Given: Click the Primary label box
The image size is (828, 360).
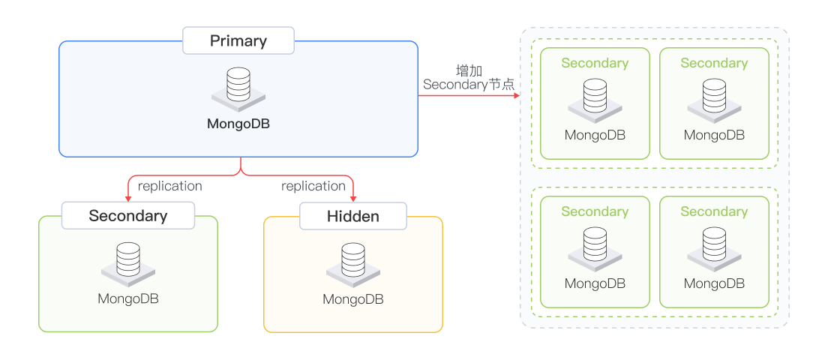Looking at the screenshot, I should click(x=238, y=40).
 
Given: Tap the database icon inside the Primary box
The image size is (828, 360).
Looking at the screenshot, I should click(x=238, y=87).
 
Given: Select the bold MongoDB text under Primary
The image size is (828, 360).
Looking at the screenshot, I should click(x=238, y=124).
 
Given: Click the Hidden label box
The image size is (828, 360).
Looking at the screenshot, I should click(x=353, y=217).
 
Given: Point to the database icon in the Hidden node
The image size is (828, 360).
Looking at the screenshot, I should click(x=353, y=262).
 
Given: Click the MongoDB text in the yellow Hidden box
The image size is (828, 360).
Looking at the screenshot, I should click(x=353, y=299).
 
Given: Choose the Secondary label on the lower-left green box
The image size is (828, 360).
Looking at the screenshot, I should click(x=128, y=216).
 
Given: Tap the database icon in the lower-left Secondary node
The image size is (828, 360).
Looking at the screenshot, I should click(x=128, y=262).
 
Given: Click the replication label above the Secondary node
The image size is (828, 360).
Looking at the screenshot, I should click(x=170, y=186).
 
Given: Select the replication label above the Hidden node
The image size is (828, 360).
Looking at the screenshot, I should click(x=313, y=186).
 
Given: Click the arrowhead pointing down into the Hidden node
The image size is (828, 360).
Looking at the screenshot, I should click(x=353, y=197).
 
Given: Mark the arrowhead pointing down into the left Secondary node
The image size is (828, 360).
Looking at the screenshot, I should click(x=128, y=197).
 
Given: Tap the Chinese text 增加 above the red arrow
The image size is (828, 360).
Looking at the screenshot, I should click(x=469, y=71).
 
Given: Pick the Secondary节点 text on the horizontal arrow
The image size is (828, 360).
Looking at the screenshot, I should click(x=469, y=85).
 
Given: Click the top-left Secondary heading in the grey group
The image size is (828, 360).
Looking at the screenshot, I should click(x=595, y=63).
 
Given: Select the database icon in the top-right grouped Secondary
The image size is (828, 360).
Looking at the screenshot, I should click(x=714, y=99).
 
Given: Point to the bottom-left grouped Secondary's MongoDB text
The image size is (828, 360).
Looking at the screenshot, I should click(x=595, y=283).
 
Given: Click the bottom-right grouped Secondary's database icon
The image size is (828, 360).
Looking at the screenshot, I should click(x=714, y=247).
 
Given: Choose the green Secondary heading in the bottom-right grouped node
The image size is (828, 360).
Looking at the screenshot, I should click(x=714, y=211).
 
